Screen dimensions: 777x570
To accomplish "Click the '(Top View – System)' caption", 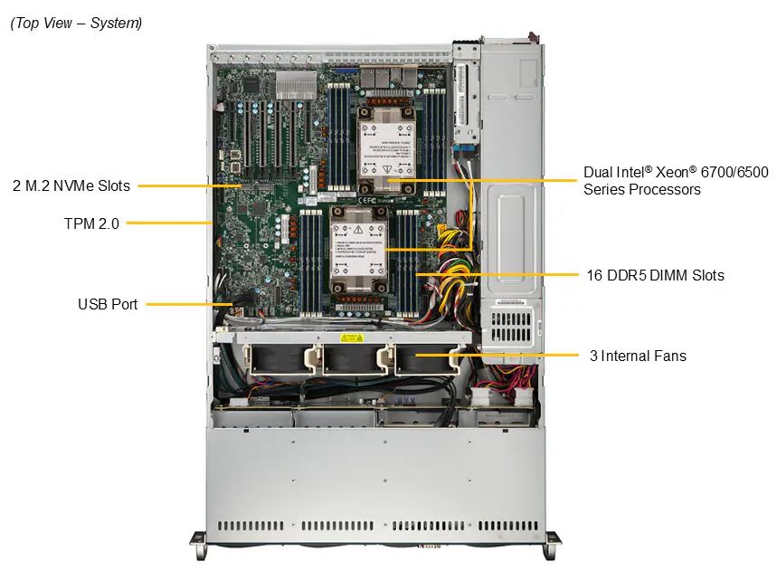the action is [76, 23].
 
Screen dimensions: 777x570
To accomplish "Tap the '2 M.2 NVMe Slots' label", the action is [71, 185].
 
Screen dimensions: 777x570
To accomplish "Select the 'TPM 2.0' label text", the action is [91, 223].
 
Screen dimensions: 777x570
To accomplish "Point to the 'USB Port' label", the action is [108, 304].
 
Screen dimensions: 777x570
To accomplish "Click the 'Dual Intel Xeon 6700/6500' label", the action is [676, 172].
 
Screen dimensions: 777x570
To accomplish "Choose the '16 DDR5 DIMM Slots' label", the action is [655, 275].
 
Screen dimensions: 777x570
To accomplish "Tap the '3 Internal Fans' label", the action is [638, 356].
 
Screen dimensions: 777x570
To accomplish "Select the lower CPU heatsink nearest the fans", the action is [359, 251].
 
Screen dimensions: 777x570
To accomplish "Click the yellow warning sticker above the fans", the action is [352, 338].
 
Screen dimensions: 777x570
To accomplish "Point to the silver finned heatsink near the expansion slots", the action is [296, 85].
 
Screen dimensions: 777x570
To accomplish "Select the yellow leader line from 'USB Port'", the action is [189, 304].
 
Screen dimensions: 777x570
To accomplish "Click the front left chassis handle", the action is [198, 545].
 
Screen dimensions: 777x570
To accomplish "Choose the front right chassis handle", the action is [553, 545].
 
